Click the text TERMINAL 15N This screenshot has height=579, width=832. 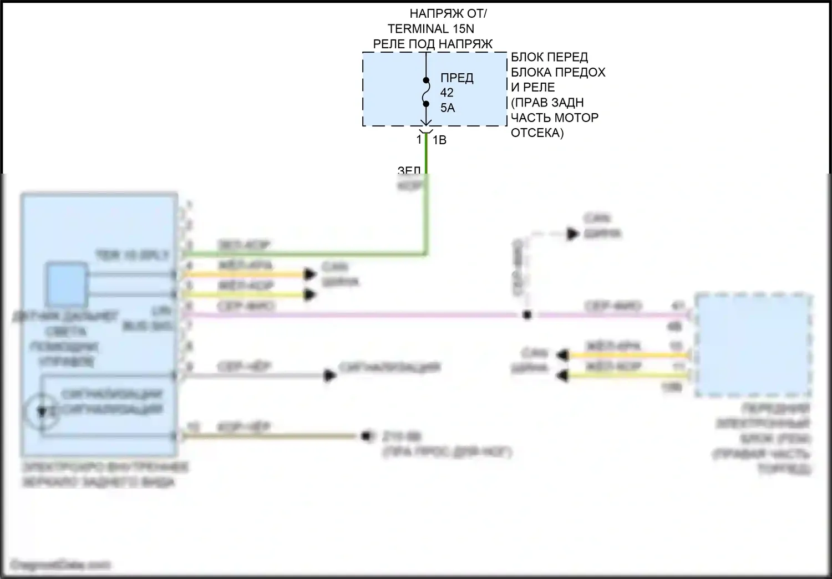(x=430, y=29)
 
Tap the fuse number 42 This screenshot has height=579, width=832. (x=447, y=93)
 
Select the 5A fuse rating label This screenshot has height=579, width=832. (x=448, y=108)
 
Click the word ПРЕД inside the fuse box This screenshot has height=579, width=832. (x=456, y=78)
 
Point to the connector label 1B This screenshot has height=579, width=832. (x=439, y=140)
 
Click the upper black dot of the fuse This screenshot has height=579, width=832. (x=426, y=79)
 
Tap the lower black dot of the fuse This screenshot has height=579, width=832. (x=426, y=104)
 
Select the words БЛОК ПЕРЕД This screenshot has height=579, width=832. (x=549, y=57)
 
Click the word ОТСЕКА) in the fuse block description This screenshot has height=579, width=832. (x=537, y=133)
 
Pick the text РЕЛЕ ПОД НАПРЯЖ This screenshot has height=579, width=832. (x=433, y=44)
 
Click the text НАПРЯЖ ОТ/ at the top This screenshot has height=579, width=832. (x=448, y=14)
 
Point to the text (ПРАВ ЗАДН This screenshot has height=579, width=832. (x=547, y=103)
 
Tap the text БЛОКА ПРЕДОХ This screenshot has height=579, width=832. (x=558, y=72)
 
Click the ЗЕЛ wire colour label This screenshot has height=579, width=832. (x=409, y=170)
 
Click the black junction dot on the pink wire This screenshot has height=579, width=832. (x=527, y=315)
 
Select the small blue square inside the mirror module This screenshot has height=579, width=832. (x=67, y=285)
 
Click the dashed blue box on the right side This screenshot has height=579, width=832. (x=752, y=346)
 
